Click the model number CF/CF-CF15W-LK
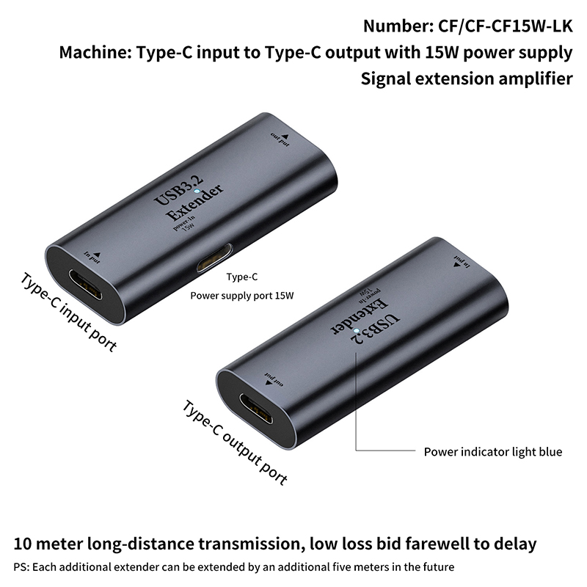[505, 26]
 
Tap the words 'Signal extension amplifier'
[467, 79]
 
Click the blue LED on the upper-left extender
[196, 191]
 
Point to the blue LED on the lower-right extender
[356, 331]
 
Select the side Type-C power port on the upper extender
[214, 258]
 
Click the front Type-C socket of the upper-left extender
[85, 288]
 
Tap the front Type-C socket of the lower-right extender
[256, 409]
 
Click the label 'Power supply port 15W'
[242, 296]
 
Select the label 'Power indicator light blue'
[492, 452]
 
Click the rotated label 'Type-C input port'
[68, 313]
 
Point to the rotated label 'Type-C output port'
[235, 442]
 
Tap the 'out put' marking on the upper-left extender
[280, 139]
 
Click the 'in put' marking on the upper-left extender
[92, 258]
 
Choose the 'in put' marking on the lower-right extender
[462, 261]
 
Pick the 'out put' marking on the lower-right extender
[274, 379]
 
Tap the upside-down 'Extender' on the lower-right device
[359, 316]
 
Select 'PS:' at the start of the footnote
[21, 567]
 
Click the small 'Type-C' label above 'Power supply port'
[242, 277]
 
